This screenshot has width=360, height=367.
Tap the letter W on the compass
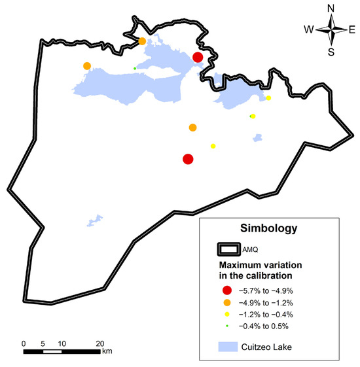click(x=308, y=29)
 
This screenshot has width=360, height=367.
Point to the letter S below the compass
click(x=331, y=52)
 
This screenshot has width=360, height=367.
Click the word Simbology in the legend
click(x=269, y=229)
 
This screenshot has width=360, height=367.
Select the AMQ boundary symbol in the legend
click(x=232, y=249)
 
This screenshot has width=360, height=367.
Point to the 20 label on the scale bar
click(x=99, y=343)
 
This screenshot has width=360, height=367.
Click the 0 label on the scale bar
click(x=24, y=343)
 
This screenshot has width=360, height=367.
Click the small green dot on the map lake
click(x=135, y=68)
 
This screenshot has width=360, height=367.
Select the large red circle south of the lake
click(x=188, y=159)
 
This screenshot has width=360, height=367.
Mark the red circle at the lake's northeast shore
click(x=198, y=58)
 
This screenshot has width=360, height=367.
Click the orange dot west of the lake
click(x=87, y=66)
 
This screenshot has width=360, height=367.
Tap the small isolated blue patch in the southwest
click(x=96, y=220)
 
